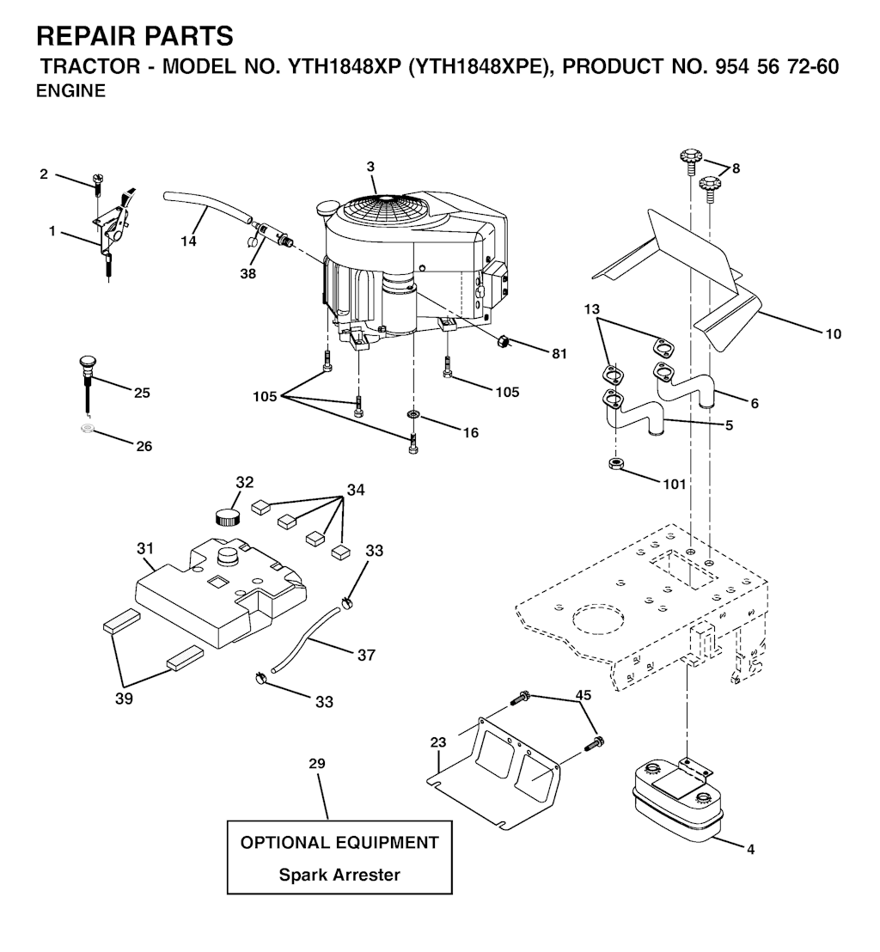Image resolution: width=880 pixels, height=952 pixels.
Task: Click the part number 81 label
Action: (559, 353)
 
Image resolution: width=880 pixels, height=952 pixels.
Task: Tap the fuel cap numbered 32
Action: (227, 516)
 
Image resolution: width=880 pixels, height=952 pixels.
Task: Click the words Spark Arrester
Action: (339, 875)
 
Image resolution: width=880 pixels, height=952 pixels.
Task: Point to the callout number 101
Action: (674, 484)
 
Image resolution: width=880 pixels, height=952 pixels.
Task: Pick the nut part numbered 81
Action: (502, 343)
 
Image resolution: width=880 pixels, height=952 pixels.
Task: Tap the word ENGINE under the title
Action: (71, 91)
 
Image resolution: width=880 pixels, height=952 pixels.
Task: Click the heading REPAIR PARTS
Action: (135, 36)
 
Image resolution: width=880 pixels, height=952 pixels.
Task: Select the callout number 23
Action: (438, 742)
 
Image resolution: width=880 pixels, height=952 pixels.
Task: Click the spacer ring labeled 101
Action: (615, 465)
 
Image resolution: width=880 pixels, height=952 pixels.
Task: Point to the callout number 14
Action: (188, 241)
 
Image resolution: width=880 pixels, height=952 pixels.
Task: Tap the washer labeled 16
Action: (413, 415)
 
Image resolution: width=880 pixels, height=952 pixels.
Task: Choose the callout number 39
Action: (124, 699)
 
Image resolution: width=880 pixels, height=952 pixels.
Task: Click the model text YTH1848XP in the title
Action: (345, 65)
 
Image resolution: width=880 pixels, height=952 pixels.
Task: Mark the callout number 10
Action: (834, 333)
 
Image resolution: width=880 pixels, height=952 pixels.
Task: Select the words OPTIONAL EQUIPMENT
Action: (339, 843)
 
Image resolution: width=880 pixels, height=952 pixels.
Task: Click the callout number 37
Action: (366, 655)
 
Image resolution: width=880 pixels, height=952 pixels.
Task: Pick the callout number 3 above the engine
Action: (370, 167)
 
